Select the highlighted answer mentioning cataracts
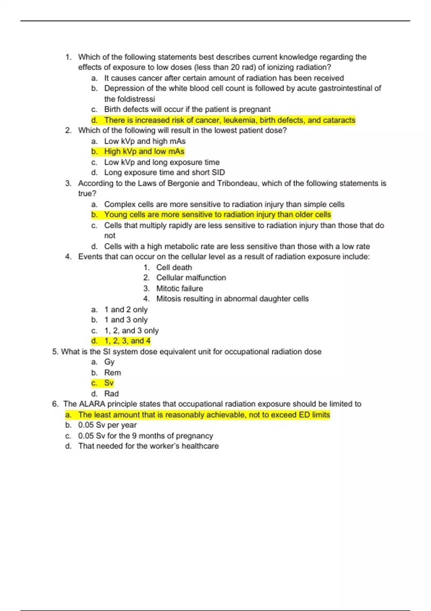[230, 120]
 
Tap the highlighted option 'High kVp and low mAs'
[144, 151]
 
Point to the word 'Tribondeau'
[237, 183]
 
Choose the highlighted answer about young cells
[217, 215]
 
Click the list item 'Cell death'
[174, 267]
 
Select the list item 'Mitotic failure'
[179, 288]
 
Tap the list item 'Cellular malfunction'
[191, 277]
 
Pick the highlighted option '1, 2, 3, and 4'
[127, 341]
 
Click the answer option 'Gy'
[109, 362]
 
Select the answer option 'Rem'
[112, 373]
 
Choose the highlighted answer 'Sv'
[109, 383]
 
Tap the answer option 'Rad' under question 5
[111, 394]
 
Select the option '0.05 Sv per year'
[107, 425]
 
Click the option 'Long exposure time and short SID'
[164, 173]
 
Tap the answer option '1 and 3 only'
[126, 320]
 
